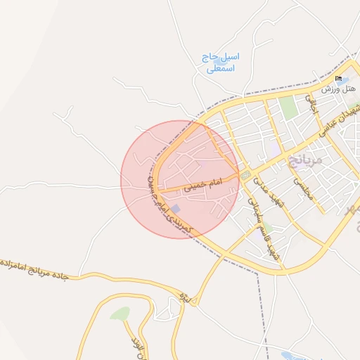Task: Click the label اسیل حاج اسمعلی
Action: point(220,63)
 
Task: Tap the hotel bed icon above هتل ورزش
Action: point(338,79)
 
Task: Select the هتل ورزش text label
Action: point(339,89)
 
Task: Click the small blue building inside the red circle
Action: point(176,210)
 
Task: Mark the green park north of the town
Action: point(287,107)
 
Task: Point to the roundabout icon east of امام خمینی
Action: point(245,174)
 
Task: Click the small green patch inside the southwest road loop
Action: point(120,314)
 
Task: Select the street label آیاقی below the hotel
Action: point(312,105)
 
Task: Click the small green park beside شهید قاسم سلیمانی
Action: point(268,226)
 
